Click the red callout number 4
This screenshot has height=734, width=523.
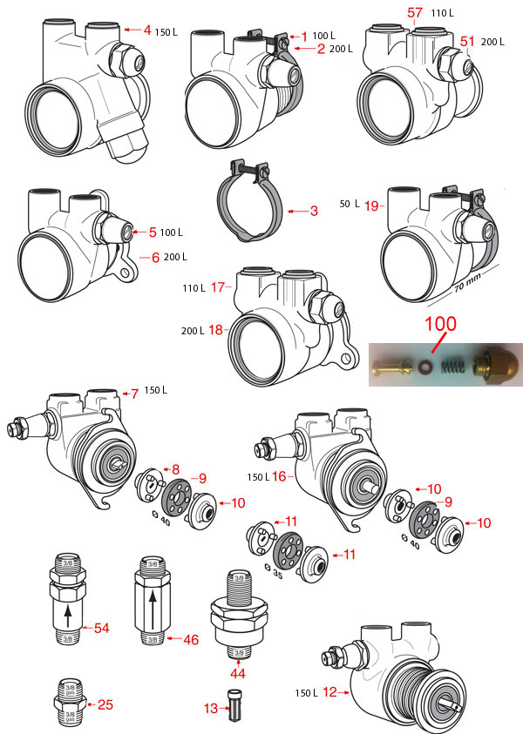tap(147, 30)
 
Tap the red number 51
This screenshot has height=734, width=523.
tap(466, 41)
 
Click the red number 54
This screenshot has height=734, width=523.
tap(102, 628)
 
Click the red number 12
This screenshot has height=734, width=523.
tap(329, 692)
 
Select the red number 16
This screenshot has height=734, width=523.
tap(279, 476)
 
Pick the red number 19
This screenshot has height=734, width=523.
tap(371, 205)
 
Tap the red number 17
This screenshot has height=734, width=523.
tap(218, 286)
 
